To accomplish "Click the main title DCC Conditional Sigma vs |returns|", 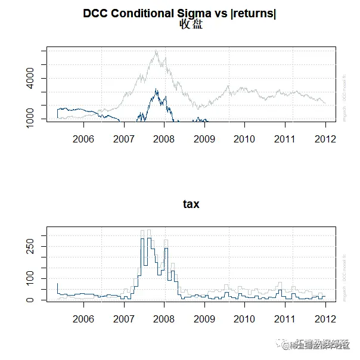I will pyautogui.click(x=179, y=13).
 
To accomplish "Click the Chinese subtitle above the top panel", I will pyautogui.click(x=191, y=24).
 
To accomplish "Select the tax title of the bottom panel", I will pyautogui.click(x=191, y=204).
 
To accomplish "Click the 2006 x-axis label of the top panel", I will pyautogui.click(x=83, y=139).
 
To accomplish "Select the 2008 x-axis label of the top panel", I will pyautogui.click(x=164, y=139).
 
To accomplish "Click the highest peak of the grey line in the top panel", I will pyautogui.click(x=156, y=51).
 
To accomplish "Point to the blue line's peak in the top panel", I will pyautogui.click(x=156, y=89).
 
